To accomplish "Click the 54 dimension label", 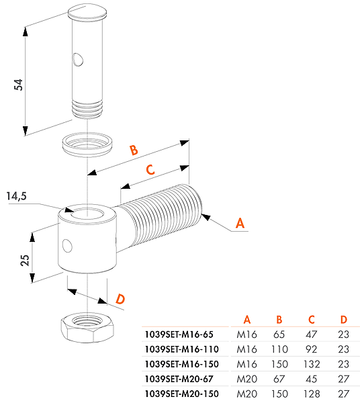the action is point(18,85).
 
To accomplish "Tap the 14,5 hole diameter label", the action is point(16,196).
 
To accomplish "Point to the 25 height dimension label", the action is point(25,260).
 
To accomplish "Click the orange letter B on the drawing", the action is point(134,150).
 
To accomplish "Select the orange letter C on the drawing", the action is point(150,170).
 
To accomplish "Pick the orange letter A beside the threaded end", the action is point(240,223).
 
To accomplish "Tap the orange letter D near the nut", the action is point(120,299).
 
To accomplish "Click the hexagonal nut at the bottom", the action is point(87,328).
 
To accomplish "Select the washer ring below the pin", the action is point(87,144).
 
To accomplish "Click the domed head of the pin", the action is point(87,12).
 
